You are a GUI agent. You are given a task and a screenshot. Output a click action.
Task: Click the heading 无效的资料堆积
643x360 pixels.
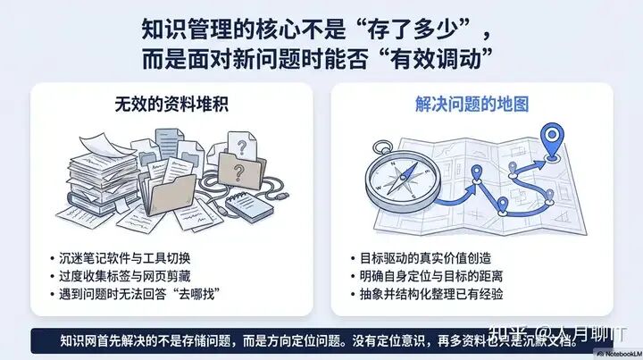tap(171, 105)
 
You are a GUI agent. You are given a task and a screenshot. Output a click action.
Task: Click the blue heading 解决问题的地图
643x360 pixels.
tap(472, 105)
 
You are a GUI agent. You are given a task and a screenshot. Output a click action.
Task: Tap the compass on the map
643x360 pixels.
tap(402, 179)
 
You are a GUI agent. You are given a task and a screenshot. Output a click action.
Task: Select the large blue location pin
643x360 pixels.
tap(552, 140)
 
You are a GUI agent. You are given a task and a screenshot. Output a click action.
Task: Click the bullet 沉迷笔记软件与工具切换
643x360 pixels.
tap(125, 258)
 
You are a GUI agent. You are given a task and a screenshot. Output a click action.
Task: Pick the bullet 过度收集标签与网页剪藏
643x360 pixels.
tap(125, 276)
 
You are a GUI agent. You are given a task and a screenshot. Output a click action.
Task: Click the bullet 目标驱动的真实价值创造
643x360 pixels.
tap(425, 258)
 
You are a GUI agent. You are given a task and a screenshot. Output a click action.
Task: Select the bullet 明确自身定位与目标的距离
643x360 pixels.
tap(431, 276)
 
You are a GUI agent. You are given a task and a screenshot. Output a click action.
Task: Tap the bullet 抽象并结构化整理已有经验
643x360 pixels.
tap(431, 294)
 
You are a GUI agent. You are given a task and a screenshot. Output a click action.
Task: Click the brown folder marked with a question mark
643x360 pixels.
tap(241, 170)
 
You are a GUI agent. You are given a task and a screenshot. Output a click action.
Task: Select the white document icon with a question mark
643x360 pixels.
tap(242, 145)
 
